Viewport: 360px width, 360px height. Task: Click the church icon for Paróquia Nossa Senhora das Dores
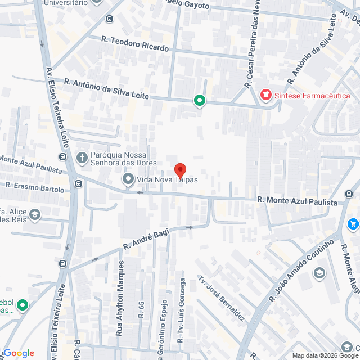point(82,157)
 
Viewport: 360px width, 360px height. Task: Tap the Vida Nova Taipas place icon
point(128,180)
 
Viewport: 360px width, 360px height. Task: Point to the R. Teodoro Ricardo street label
point(135,44)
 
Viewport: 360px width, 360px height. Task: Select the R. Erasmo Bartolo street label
point(35,187)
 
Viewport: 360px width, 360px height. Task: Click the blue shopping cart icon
point(353,224)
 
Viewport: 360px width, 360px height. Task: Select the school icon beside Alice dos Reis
point(35,214)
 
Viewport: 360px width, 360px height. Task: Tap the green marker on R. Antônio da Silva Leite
point(199,101)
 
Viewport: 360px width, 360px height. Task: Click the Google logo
point(18,353)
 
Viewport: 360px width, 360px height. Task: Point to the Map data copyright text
point(325,355)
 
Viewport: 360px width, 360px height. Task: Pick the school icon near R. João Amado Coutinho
point(319,273)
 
